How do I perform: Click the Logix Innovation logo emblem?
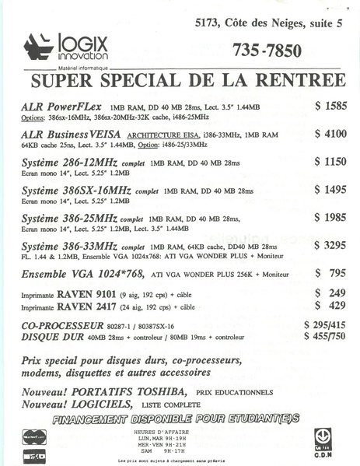tap(38, 47)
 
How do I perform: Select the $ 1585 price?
tap(330, 104)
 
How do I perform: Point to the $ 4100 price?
tap(330, 133)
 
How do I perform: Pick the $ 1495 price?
tap(330, 189)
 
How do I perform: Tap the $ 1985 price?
tap(330, 217)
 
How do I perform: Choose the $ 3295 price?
tap(330, 245)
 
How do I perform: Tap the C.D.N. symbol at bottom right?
tap(323, 438)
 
